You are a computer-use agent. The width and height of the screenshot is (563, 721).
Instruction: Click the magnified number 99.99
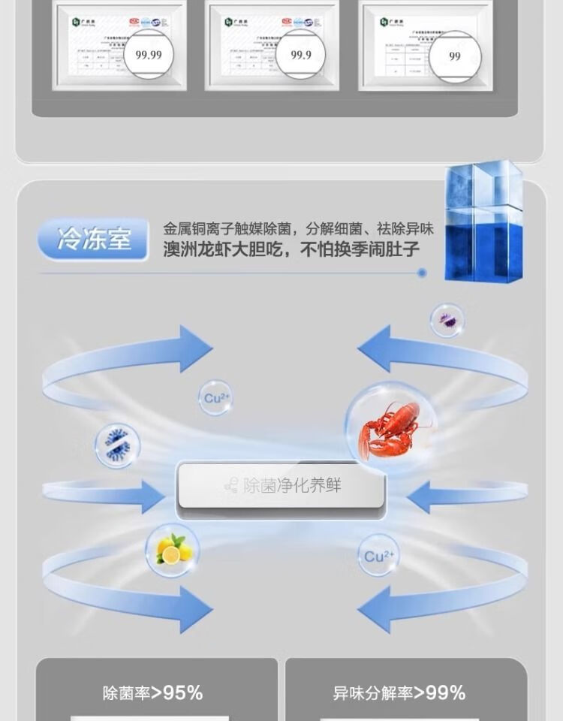[x=148, y=55]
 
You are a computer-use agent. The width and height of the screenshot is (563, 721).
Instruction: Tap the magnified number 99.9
[x=301, y=55]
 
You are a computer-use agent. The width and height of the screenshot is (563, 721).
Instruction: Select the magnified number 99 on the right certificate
[x=454, y=56]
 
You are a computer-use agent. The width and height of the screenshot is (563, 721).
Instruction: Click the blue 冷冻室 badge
[x=94, y=240]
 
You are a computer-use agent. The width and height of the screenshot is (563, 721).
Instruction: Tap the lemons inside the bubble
[x=170, y=551]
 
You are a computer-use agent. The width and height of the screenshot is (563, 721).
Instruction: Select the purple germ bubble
[x=447, y=321]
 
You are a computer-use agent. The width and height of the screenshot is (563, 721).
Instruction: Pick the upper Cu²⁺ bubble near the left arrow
[x=215, y=399]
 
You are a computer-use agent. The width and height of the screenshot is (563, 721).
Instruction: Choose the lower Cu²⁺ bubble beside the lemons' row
[x=378, y=557]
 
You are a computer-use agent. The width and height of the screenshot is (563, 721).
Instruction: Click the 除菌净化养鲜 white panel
[x=281, y=486]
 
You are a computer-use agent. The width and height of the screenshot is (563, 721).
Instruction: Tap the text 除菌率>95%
[x=153, y=692]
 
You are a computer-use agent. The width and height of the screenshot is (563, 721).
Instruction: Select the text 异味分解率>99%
[x=399, y=692]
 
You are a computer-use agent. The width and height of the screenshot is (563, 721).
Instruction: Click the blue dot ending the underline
[x=422, y=273]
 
